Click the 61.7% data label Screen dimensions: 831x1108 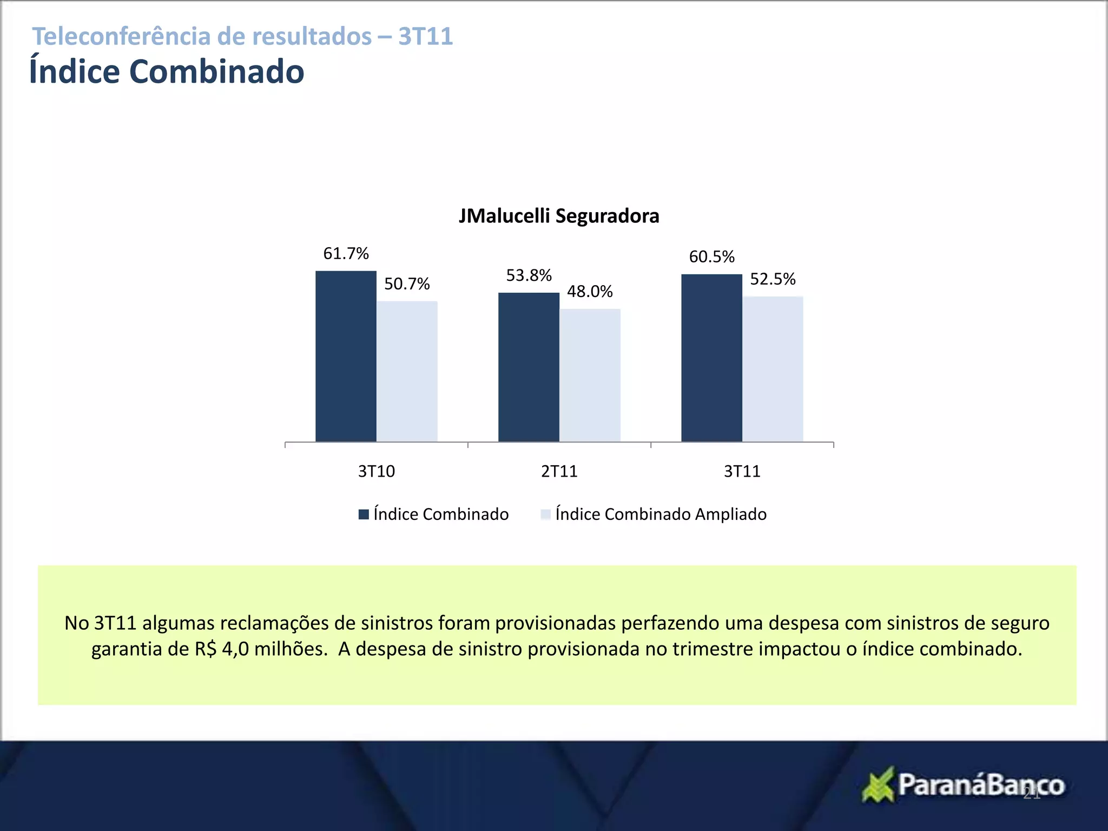(346, 253)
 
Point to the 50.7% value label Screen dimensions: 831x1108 (407, 283)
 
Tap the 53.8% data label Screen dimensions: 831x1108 (529, 275)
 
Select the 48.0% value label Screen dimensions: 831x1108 (590, 292)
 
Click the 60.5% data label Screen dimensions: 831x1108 (711, 256)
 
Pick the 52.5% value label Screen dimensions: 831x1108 (773, 279)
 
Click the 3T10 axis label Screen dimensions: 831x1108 (377, 471)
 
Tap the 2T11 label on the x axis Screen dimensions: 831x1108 (559, 471)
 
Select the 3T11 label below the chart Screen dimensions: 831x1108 (742, 471)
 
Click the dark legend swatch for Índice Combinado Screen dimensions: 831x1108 (364, 515)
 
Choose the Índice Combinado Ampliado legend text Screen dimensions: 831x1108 (661, 514)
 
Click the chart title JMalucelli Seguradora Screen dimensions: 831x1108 (559, 216)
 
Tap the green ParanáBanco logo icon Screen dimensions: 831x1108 (878, 784)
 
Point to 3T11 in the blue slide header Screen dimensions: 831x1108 (426, 36)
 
